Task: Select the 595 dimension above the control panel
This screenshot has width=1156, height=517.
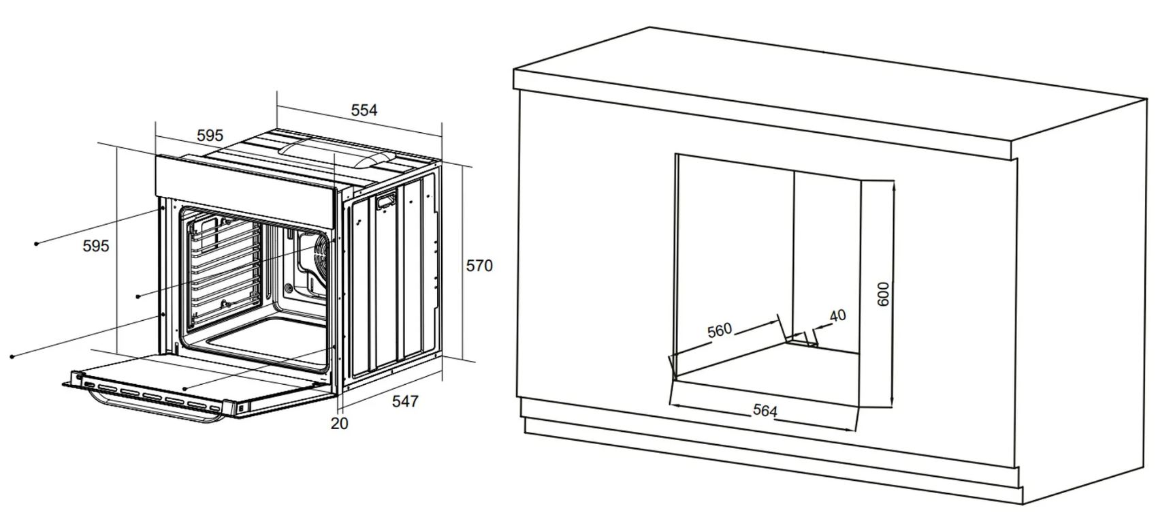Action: click(210, 136)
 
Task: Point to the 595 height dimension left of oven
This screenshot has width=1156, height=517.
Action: click(96, 246)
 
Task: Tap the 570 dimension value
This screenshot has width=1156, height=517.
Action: click(479, 266)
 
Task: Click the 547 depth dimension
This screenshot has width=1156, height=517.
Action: click(405, 401)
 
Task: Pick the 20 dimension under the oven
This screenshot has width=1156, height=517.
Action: click(339, 424)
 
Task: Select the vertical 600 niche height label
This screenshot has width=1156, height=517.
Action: click(884, 294)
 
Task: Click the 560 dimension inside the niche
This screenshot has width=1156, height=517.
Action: click(720, 330)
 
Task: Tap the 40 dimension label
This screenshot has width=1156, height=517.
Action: click(837, 315)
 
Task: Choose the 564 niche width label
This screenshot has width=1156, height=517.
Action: click(765, 411)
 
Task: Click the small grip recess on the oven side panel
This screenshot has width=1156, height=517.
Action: click(386, 200)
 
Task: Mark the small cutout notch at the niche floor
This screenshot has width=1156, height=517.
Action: click(801, 339)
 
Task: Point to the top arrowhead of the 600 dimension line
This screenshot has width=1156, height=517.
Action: click(893, 187)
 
